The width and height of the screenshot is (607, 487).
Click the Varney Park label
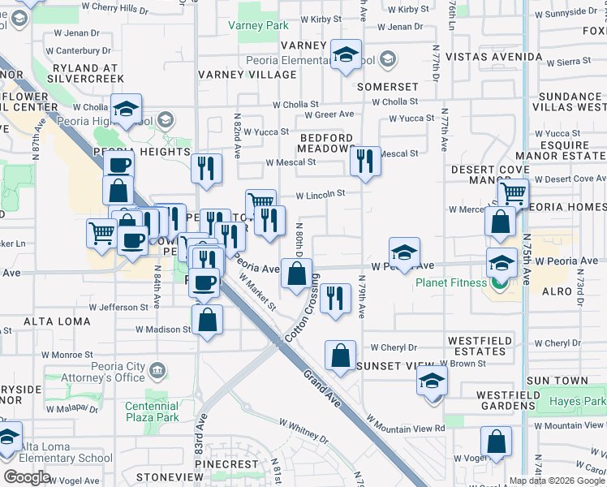pyautogui.click(x=264, y=26)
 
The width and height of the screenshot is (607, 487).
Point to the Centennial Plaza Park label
pyautogui.click(x=152, y=412)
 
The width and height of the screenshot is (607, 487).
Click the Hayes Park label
pyautogui.click(x=577, y=402)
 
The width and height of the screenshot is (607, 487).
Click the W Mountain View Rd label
pyautogui.click(x=406, y=424)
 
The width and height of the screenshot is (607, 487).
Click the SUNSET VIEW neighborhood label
pyautogui.click(x=385, y=366)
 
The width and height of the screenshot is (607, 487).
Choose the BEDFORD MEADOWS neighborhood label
pyautogui.click(x=326, y=144)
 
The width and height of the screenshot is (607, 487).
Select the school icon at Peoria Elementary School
pyautogui.click(x=347, y=55)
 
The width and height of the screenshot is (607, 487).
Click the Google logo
pyautogui.click(x=28, y=476)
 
